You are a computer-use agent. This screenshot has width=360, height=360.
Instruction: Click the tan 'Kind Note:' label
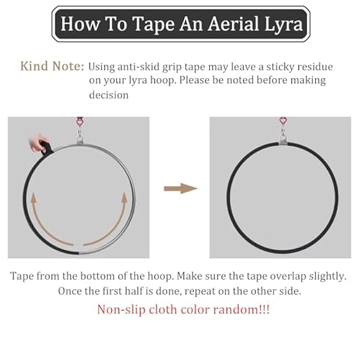click(52, 67)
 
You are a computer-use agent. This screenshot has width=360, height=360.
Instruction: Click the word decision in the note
click(109, 95)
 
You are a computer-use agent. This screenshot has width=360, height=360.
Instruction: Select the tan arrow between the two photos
click(181, 188)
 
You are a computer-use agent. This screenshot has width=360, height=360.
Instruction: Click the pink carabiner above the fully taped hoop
click(284, 121)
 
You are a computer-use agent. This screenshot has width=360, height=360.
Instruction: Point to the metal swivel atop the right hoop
click(284, 135)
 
